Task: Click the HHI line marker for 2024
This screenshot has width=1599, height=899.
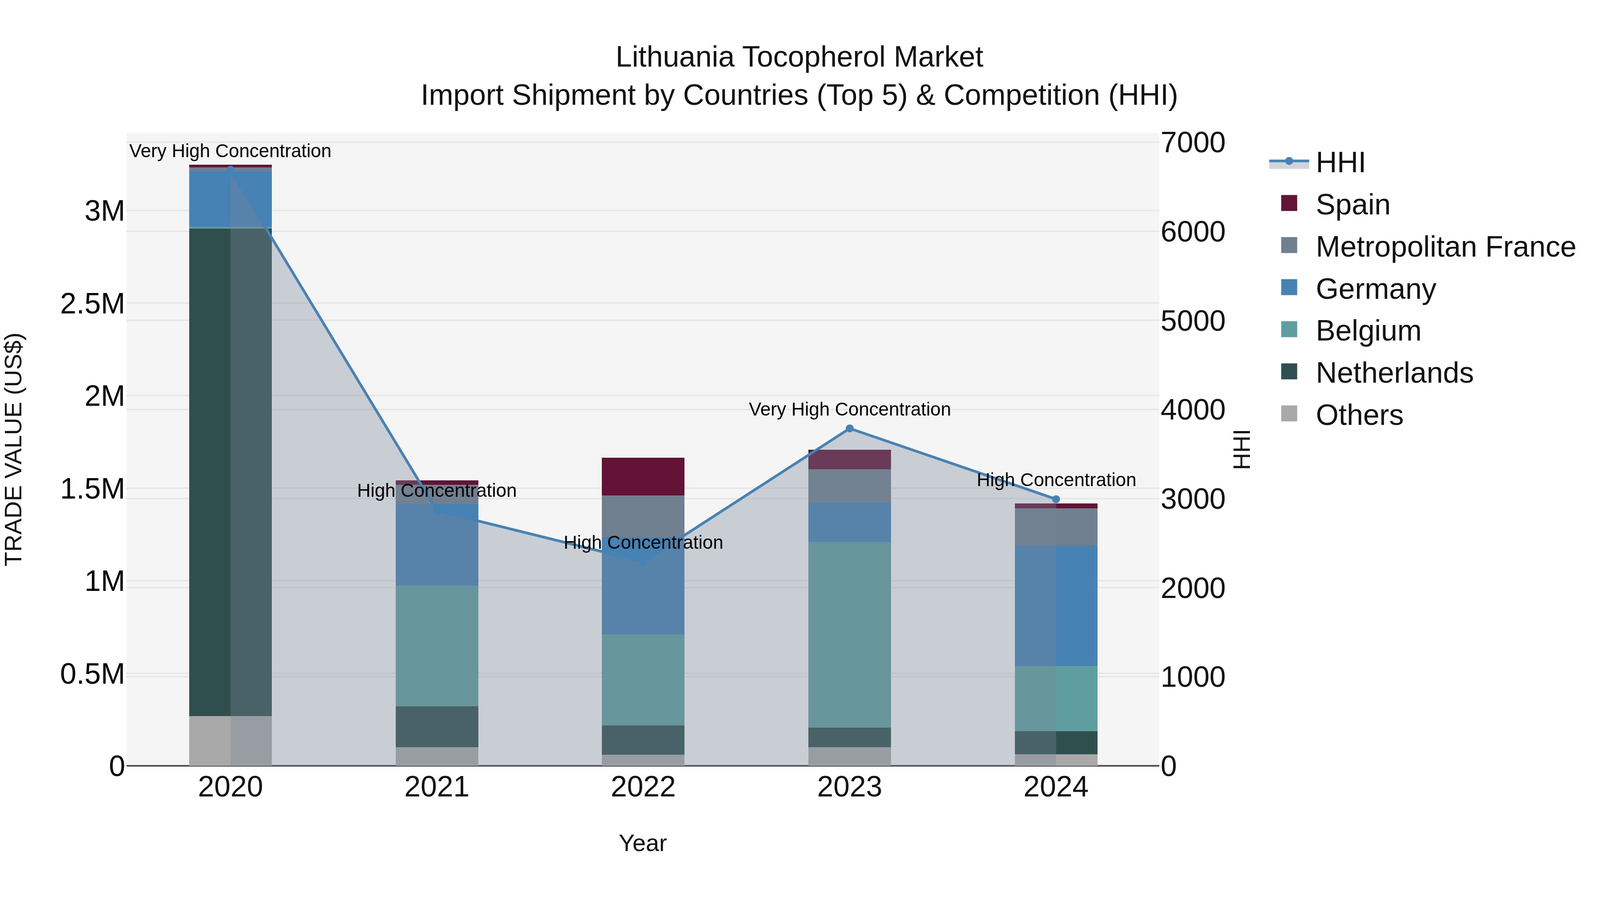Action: click(x=1056, y=499)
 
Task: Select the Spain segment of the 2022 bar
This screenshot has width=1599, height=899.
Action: click(x=643, y=476)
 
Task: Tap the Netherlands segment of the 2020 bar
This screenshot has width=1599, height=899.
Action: click(x=230, y=471)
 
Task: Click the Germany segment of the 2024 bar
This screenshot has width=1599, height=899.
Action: click(x=1056, y=606)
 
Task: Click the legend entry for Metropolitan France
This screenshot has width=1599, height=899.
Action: click(x=1444, y=247)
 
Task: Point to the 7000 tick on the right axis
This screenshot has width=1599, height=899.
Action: click(x=1193, y=143)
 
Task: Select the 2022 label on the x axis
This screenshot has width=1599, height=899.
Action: click(x=643, y=787)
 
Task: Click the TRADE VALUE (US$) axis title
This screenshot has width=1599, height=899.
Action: click(x=14, y=449)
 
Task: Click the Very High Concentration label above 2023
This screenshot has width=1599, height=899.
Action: click(x=849, y=409)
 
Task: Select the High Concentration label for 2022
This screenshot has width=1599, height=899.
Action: click(x=643, y=543)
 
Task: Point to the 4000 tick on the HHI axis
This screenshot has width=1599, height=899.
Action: click(x=1193, y=410)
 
